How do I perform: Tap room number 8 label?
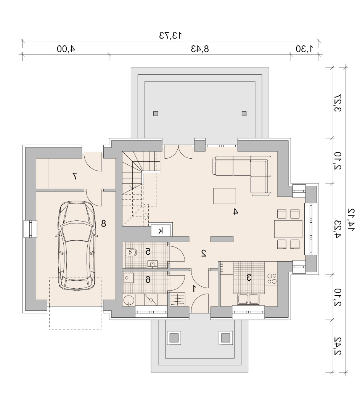click(103, 223)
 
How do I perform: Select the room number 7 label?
click(74, 176)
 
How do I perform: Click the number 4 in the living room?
click(236, 212)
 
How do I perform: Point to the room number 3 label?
click(249, 277)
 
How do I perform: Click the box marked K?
click(161, 231)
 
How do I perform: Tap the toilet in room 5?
click(131, 252)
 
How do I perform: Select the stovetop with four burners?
click(272, 279)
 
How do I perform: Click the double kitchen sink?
click(248, 299)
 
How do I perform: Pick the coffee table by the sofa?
click(224, 196)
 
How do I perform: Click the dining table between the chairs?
click(288, 229)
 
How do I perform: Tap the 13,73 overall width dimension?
click(170, 35)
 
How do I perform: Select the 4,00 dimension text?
click(66, 49)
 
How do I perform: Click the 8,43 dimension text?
click(200, 49)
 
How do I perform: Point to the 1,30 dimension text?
click(305, 49)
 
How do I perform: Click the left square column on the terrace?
click(156, 114)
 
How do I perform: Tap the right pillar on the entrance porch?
click(225, 337)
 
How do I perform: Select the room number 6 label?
click(148, 280)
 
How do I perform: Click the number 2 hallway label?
click(203, 253)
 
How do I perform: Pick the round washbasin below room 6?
click(129, 300)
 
